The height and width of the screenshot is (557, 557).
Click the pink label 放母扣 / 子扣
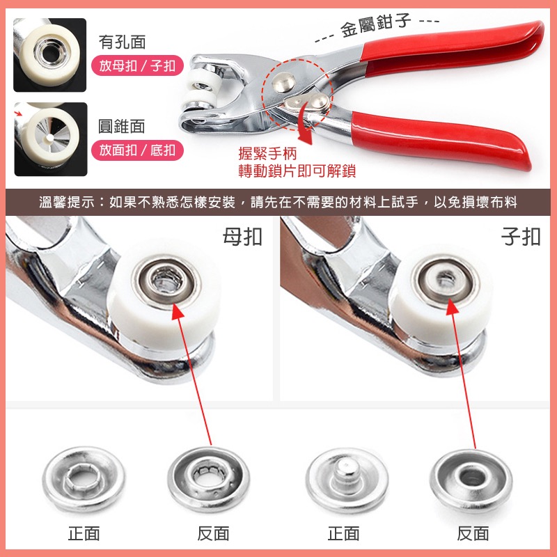pyautogui.click(x=137, y=65)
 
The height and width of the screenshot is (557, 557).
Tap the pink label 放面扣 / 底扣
pyautogui.click(x=137, y=150)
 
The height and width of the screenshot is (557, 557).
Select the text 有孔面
pyautogui.click(x=123, y=42)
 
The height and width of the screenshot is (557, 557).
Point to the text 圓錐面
pyautogui.click(x=121, y=126)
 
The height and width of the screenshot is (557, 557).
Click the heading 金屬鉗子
pyautogui.click(x=376, y=25)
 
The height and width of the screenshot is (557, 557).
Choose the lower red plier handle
pyautogui.click(x=441, y=139)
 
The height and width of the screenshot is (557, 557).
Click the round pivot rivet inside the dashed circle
pyautogui.click(x=285, y=82)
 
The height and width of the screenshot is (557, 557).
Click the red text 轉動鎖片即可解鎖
pyautogui.click(x=297, y=171)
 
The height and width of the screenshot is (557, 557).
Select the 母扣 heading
pyautogui.click(x=242, y=237)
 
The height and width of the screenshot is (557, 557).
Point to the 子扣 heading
pyautogui.click(x=521, y=237)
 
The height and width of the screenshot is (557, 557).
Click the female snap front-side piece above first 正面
pyautogui.click(x=84, y=478)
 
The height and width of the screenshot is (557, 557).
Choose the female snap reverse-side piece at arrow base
pyautogui.click(x=209, y=478)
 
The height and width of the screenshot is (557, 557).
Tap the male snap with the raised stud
pyautogui.click(x=347, y=480)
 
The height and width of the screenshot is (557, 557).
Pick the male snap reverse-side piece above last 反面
pyautogui.click(x=471, y=480)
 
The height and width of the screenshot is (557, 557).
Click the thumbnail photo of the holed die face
pyautogui.click(x=49, y=55)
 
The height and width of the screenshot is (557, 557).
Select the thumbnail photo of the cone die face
pyautogui.click(x=50, y=139)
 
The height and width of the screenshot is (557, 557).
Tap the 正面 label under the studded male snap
pyautogui.click(x=343, y=533)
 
